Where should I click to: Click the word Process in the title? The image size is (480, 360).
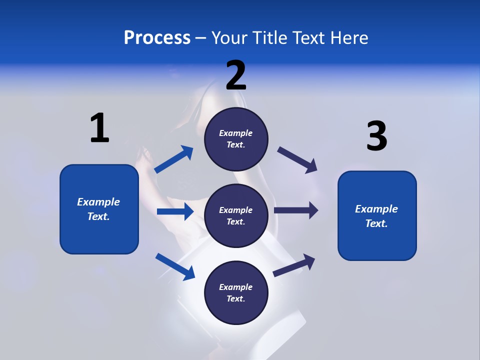[x=157, y=38]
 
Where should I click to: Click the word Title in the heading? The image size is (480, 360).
[x=269, y=38]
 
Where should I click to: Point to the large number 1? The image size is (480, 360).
[x=99, y=128]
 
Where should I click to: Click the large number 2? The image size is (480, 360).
[x=236, y=75]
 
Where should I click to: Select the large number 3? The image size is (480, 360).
[x=376, y=136]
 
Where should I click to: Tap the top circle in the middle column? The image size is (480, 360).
[x=236, y=139]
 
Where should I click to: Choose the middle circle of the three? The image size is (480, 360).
[x=236, y=216]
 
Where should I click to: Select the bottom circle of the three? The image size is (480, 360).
[x=236, y=293]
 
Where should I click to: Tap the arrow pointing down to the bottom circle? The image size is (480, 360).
[x=175, y=266]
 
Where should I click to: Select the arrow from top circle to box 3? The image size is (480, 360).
[x=297, y=159]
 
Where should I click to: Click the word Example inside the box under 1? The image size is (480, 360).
[x=98, y=202]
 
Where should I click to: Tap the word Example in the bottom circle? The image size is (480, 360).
[x=236, y=287]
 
